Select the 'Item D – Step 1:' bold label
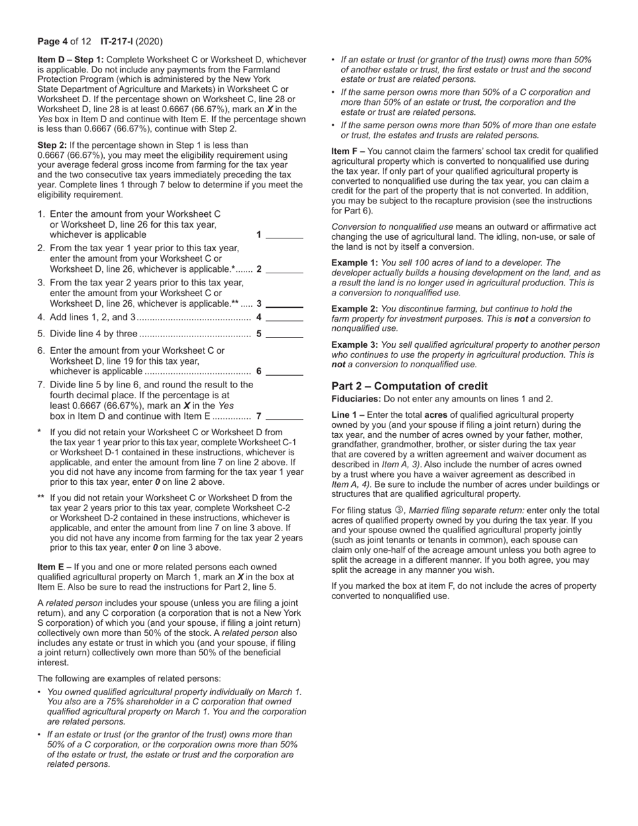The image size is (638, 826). coord(71,60)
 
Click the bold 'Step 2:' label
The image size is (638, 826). coord(52,145)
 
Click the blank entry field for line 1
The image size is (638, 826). coord(285,235)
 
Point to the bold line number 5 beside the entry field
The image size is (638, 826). coord(259,334)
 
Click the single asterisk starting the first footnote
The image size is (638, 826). coord(40,433)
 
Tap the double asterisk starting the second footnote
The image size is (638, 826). coord(41,498)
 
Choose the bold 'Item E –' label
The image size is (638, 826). coord(54,567)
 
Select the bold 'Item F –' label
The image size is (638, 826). coord(348,152)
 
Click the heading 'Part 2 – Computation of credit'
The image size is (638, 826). coord(410,386)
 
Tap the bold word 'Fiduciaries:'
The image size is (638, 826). coord(356,399)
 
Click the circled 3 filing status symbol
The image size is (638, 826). coord(398,510)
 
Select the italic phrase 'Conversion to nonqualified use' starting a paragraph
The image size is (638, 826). coord(392,227)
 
